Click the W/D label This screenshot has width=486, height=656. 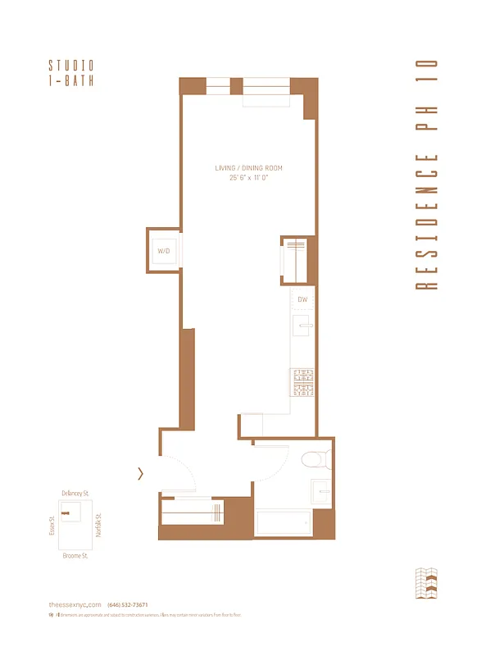point(163,250)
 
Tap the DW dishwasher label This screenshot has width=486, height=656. point(302,299)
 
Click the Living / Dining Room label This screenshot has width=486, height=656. point(248,168)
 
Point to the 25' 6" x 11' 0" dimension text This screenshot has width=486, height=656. point(248,178)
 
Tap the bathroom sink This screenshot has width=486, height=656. point(322,492)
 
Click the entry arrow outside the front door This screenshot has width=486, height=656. point(141,473)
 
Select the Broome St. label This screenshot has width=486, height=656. point(75,555)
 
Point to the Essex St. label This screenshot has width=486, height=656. point(51,525)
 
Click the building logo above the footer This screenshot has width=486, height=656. point(429,583)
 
